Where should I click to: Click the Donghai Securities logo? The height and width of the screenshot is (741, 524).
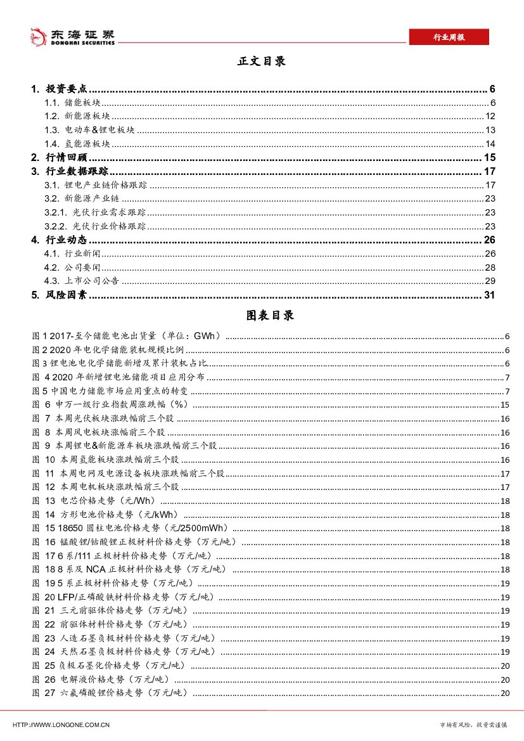pyautogui.click(x=73, y=37)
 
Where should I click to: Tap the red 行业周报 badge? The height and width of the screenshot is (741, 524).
pyautogui.click(x=449, y=37)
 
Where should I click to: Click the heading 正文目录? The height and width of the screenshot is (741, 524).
pyautogui.click(x=262, y=61)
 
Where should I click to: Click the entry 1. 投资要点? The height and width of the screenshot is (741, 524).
pyautogui.click(x=63, y=89)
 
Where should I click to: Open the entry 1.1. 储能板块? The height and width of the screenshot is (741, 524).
pyautogui.click(x=73, y=103)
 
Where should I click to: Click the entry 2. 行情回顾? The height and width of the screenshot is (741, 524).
pyautogui.click(x=60, y=158)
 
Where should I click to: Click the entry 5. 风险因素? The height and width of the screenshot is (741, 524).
pyautogui.click(x=60, y=295)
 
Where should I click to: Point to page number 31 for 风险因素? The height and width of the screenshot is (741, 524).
pyautogui.click(x=489, y=295)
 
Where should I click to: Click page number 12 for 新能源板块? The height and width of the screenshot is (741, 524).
pyautogui.click(x=490, y=117)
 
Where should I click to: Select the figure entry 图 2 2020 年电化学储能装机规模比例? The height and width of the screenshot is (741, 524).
pyautogui.click(x=108, y=350)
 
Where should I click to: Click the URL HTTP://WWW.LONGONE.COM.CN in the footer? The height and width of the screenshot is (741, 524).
pyautogui.click(x=61, y=725)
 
